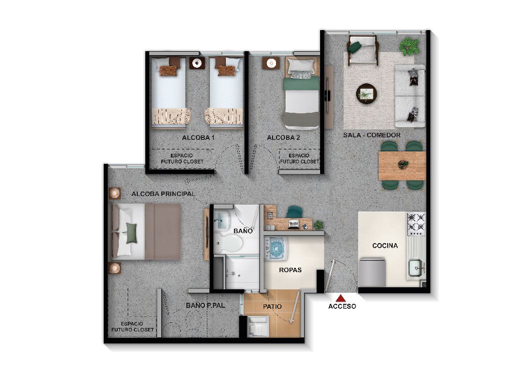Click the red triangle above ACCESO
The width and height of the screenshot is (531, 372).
pyautogui.click(x=342, y=298)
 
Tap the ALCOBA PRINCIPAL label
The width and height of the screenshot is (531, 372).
pyautogui.click(x=163, y=194)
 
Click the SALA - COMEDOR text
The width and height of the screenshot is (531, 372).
pyautogui.click(x=371, y=135)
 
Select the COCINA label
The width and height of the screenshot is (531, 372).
pyautogui.click(x=385, y=246)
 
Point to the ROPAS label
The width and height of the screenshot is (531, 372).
pyautogui.click(x=291, y=270)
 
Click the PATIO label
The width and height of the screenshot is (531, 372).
pyautogui.click(x=272, y=306)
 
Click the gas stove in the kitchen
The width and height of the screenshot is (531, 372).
pyautogui.click(x=416, y=224)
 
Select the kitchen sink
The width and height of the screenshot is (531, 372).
pyautogui.click(x=415, y=268)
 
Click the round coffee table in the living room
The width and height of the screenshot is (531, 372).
pyautogui.click(x=366, y=93)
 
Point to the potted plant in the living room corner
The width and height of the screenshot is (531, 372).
pyautogui.click(x=409, y=46)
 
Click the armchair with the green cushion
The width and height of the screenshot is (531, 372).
pyautogui.click(x=362, y=50)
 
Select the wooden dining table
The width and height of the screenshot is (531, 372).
pyautogui.click(x=402, y=166)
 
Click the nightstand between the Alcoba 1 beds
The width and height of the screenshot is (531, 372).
pyautogui.click(x=197, y=63)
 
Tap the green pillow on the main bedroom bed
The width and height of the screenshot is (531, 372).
pyautogui.click(x=131, y=233)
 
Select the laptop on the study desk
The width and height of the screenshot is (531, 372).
pyautogui.click(x=294, y=224)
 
